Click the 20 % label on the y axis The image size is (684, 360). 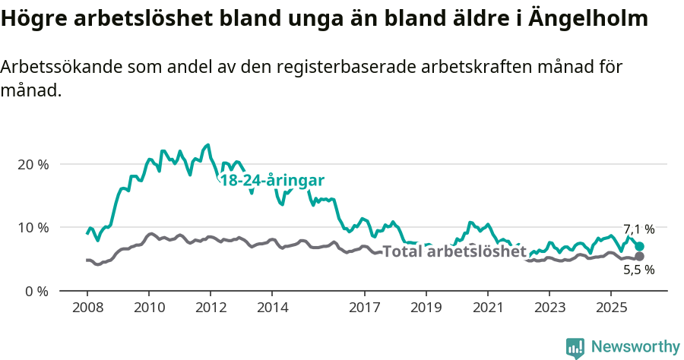pyautogui.click(x=33, y=164)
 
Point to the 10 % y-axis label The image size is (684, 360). pyautogui.click(x=33, y=227)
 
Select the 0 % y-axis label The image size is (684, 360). pyautogui.click(x=36, y=291)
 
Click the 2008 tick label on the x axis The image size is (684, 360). pyautogui.click(x=87, y=308)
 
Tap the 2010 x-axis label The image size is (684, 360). pyautogui.click(x=149, y=308)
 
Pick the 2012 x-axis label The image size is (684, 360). pyautogui.click(x=211, y=308)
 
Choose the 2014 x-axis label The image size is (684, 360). pyautogui.click(x=272, y=308)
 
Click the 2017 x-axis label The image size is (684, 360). pyautogui.click(x=365, y=308)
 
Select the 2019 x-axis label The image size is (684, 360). pyautogui.click(x=426, y=308)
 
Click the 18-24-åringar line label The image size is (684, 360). pyautogui.click(x=272, y=181)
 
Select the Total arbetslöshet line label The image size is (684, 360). pyautogui.click(x=454, y=251)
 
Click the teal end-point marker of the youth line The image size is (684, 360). pyautogui.click(x=639, y=246)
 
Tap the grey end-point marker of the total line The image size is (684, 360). pyautogui.click(x=639, y=256)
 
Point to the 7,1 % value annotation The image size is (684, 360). pyautogui.click(x=638, y=229)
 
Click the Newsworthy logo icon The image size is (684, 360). pyautogui.click(x=575, y=347)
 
